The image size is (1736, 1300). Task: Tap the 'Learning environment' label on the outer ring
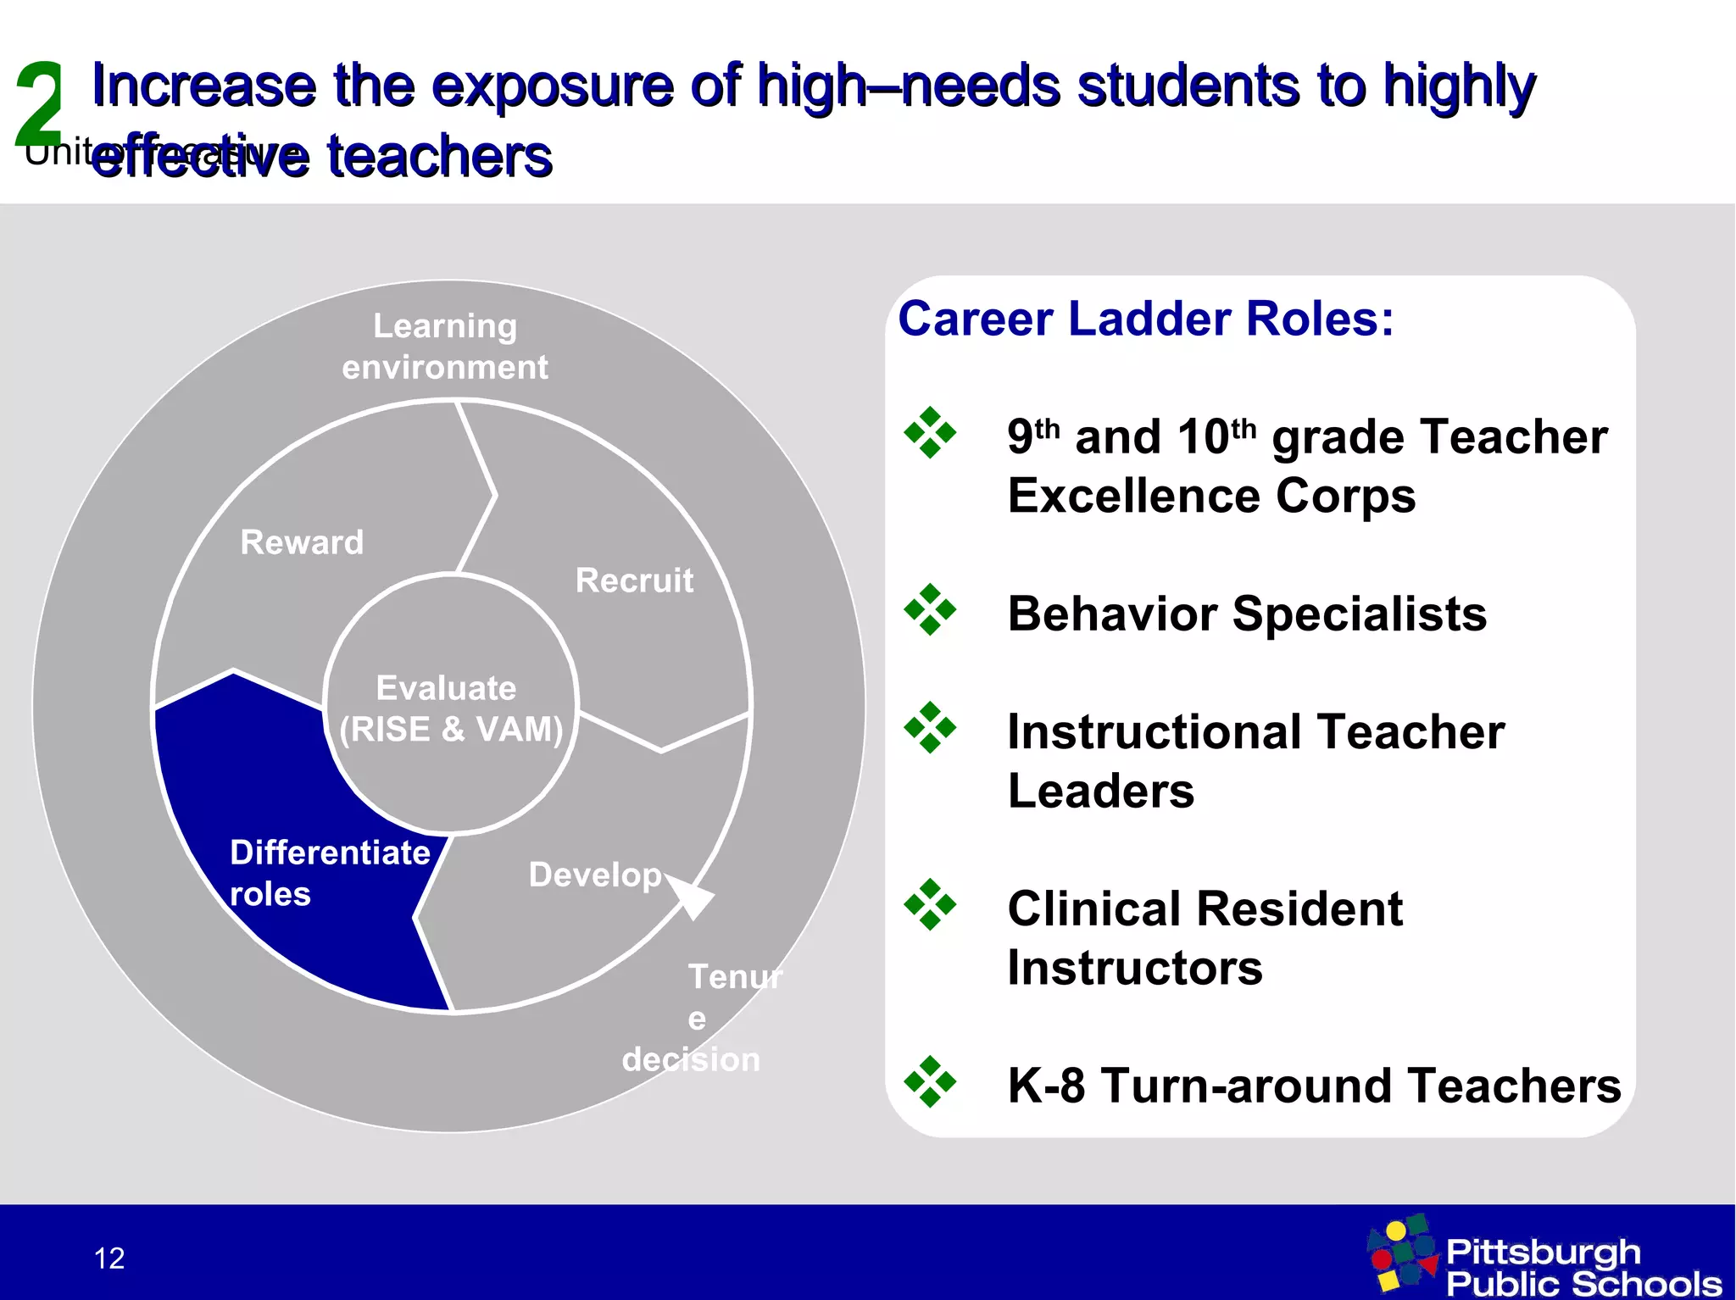coord(445,347)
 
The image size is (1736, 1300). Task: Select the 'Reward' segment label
coord(302,542)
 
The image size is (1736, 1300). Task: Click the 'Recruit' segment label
coord(634,581)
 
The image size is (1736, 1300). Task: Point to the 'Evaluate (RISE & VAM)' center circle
coord(450,708)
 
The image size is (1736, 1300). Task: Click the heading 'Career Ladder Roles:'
coord(1145,319)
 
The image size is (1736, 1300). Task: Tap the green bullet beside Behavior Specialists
coord(930,609)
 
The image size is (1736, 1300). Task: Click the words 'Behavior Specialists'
coord(1246,614)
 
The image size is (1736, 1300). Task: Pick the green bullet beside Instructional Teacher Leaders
coord(930,727)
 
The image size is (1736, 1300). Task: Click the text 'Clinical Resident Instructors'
coord(1204,937)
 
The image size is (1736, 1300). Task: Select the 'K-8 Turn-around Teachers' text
coord(1313,1086)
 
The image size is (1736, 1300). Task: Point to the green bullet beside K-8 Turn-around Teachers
coord(930,1081)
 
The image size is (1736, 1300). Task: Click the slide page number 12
coord(109,1258)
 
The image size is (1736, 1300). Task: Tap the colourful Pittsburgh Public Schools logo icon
coord(1403,1253)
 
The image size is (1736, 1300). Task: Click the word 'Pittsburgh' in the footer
coord(1543,1251)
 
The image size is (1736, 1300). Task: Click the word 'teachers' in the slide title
coord(440,158)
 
